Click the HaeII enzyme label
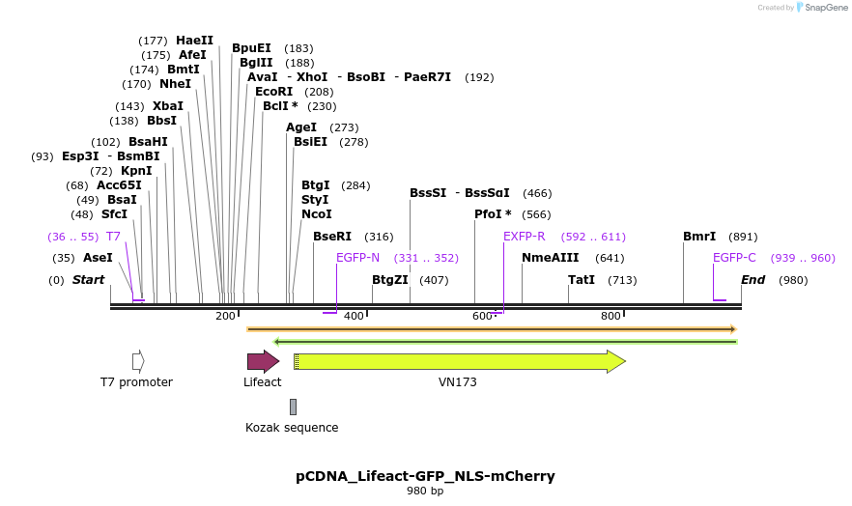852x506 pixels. [194, 41]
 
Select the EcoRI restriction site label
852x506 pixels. [273, 92]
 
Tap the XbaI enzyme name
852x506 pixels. [167, 106]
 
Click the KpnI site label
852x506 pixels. [136, 171]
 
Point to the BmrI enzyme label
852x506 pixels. [699, 237]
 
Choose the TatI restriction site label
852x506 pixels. [582, 280]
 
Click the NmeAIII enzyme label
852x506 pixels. [551, 258]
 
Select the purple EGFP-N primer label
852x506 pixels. [357, 258]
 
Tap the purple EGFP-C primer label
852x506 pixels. [734, 258]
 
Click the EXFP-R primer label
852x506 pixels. [524, 237]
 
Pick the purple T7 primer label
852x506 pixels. [113, 237]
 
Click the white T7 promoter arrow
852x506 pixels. [138, 361]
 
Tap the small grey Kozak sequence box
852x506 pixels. [293, 407]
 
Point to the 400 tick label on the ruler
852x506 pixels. [354, 316]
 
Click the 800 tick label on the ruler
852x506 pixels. [611, 316]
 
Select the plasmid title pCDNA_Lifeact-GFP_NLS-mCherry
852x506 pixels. [425, 476]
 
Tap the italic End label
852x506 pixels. [753, 280]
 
